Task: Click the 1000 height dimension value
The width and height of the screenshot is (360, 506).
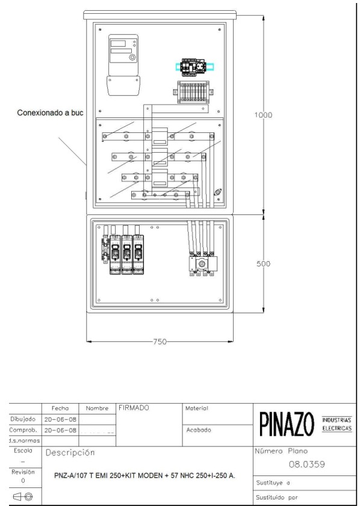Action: click(263, 116)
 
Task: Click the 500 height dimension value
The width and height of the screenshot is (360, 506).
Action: click(264, 264)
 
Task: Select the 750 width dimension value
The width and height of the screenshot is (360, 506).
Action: click(159, 341)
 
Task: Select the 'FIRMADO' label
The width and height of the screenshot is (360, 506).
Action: click(133, 408)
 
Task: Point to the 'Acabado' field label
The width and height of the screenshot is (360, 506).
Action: click(199, 430)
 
